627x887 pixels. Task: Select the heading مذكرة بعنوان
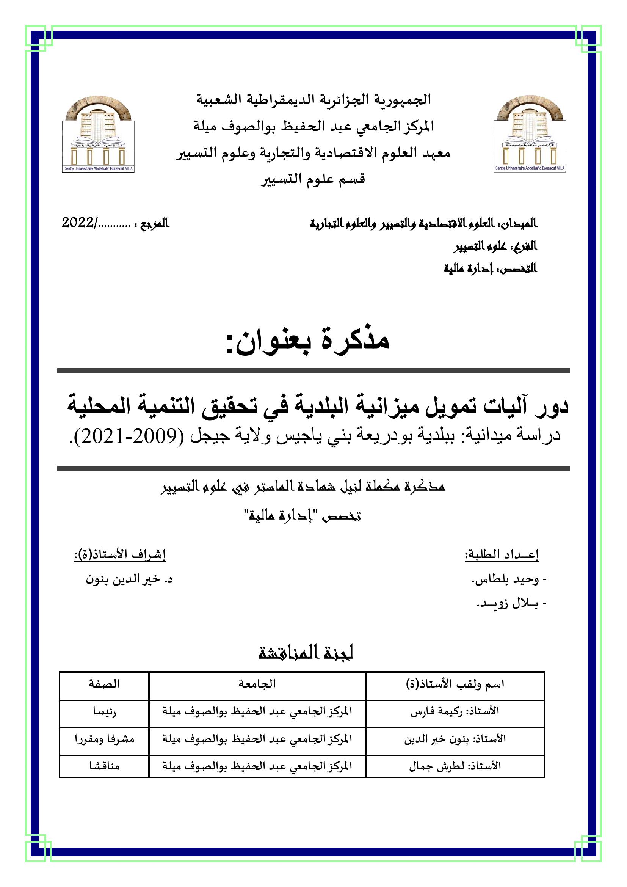[307, 341]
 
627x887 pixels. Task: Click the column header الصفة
[104, 684]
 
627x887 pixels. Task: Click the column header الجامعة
[257, 684]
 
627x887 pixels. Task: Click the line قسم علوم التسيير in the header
[313, 180]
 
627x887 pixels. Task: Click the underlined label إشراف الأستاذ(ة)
[120, 555]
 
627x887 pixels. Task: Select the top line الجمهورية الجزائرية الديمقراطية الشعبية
[313, 100]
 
